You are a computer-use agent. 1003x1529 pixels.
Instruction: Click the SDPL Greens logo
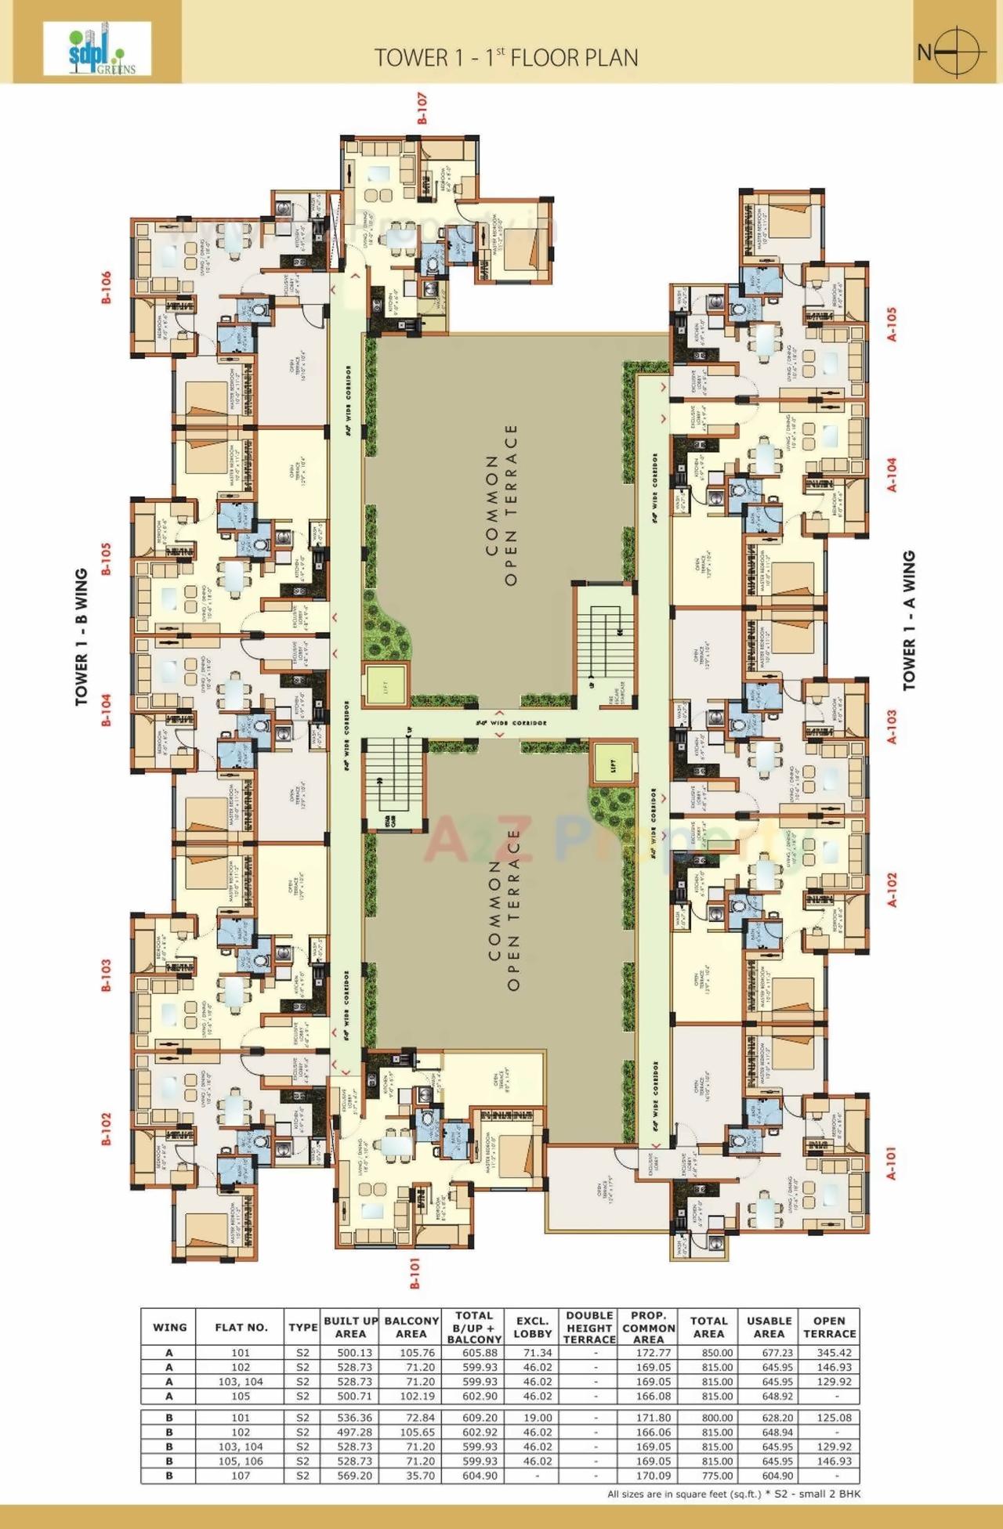pos(96,49)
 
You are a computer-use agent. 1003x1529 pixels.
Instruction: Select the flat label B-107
pos(422,109)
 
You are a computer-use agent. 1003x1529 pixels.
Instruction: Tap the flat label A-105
pos(891,324)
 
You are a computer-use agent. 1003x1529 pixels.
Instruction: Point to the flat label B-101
pos(415,1274)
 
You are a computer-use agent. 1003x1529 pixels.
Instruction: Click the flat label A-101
pos(891,1164)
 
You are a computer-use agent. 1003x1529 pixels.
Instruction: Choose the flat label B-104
pos(107,710)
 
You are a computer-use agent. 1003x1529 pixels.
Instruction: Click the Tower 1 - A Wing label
pos(909,621)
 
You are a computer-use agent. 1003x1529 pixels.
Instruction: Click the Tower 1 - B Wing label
pos(81,638)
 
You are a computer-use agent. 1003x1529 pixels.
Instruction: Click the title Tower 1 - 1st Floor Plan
pos(505,57)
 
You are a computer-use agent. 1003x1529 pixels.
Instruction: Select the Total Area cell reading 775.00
pos(708,1476)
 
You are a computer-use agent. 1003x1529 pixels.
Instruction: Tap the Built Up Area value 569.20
pos(350,1476)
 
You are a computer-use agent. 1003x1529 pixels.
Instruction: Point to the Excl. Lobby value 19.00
pos(532,1418)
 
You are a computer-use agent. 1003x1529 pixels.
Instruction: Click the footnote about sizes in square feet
pos(733,1494)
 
